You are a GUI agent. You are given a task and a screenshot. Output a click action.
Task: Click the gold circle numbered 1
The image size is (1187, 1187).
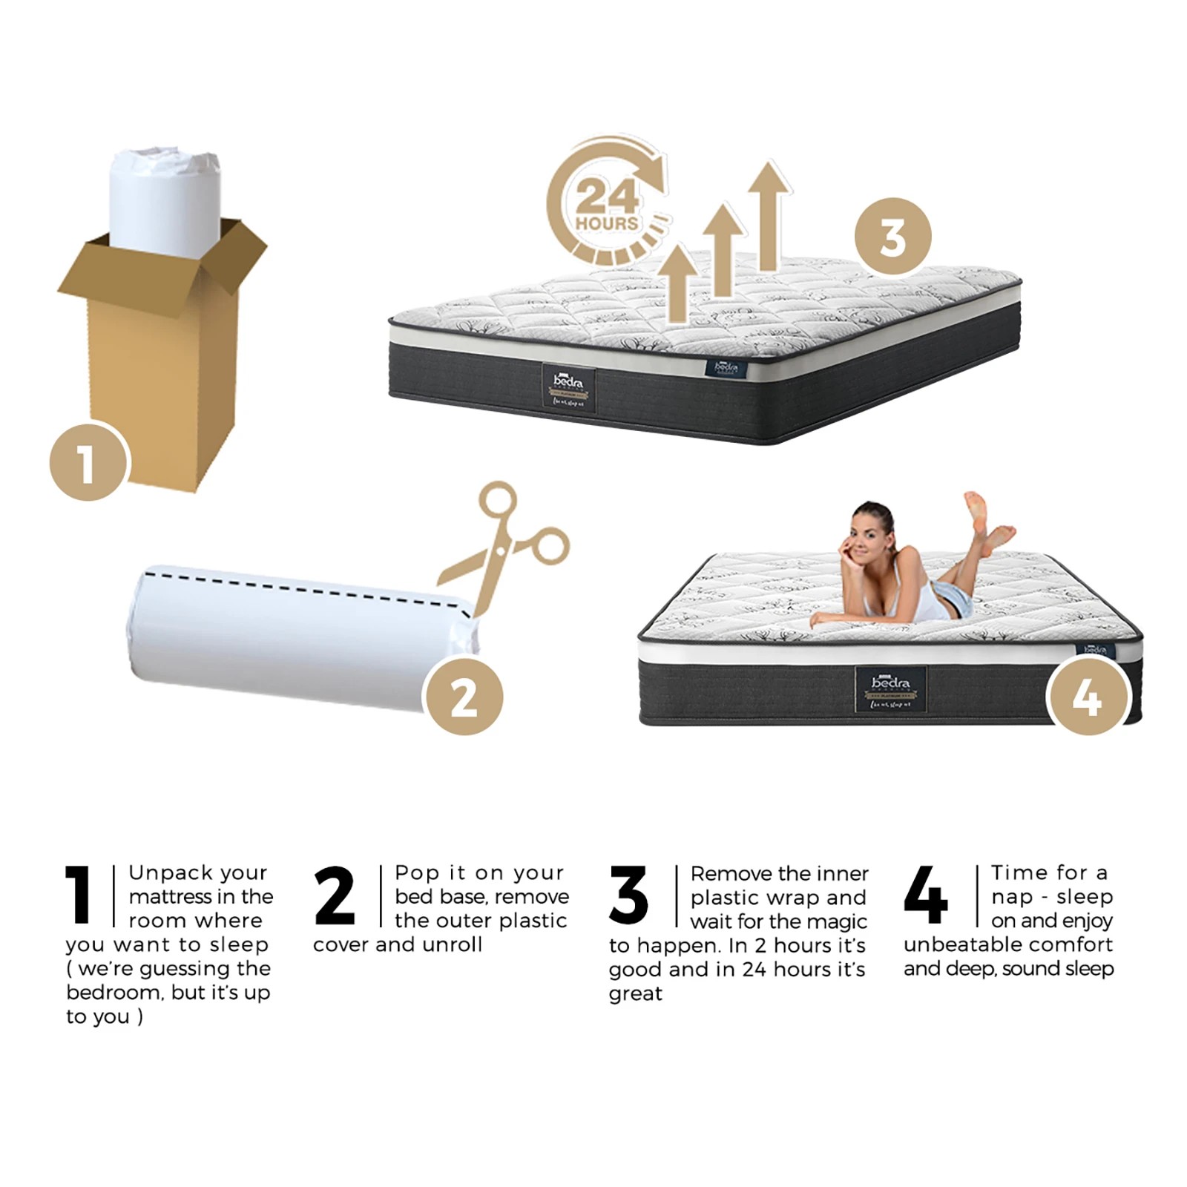pyautogui.click(x=88, y=462)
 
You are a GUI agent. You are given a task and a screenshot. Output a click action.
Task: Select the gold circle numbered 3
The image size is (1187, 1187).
pyautogui.click(x=892, y=237)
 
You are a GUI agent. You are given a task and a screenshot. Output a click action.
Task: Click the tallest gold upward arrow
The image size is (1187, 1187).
pyautogui.click(x=769, y=215)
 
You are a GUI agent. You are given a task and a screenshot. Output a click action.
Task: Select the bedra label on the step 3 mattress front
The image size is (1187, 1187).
pyautogui.click(x=569, y=388)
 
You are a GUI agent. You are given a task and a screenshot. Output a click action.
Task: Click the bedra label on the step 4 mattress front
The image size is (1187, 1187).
pyautogui.click(x=890, y=689)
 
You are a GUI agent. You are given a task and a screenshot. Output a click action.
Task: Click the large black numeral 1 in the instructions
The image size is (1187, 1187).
pyautogui.click(x=79, y=895)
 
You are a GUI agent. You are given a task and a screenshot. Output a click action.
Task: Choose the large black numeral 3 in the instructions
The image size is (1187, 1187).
pyautogui.click(x=628, y=895)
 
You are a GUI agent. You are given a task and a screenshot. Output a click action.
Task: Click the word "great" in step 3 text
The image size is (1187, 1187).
pyautogui.click(x=636, y=993)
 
